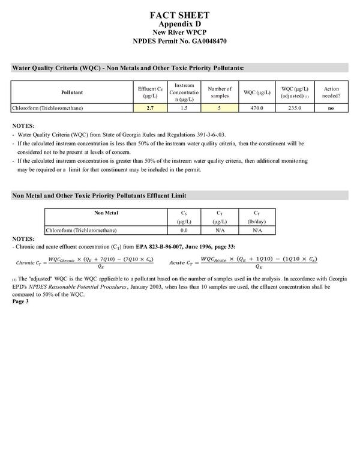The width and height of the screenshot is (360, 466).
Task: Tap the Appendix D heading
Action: tap(180, 24)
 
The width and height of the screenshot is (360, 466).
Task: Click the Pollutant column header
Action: tap(72, 92)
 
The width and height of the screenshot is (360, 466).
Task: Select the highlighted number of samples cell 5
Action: tap(220, 108)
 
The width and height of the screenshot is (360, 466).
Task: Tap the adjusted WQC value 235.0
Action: tap(295, 108)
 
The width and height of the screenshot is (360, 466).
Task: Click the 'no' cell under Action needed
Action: tap(331, 108)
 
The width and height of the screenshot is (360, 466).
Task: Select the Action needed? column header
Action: tap(331, 92)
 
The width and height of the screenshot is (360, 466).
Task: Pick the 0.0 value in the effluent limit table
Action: tap(185, 230)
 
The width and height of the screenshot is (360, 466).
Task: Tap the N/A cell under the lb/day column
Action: tap(257, 230)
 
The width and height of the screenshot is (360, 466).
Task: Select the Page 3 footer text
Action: tap(20, 301)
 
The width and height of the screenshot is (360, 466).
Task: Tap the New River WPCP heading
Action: tap(180, 32)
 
